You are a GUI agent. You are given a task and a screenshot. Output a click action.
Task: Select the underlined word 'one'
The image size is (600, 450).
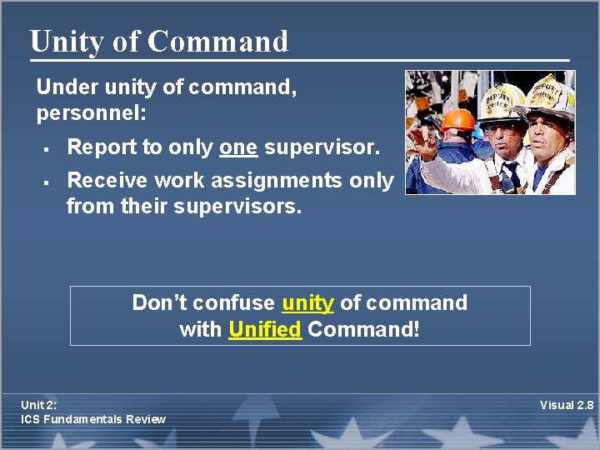(238, 147)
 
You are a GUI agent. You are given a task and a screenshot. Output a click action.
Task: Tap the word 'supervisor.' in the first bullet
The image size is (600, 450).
(322, 147)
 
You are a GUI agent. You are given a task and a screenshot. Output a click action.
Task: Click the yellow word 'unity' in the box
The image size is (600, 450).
(307, 302)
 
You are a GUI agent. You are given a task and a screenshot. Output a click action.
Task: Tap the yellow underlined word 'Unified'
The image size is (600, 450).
(264, 329)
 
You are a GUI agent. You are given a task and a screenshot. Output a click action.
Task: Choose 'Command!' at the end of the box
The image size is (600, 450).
(363, 329)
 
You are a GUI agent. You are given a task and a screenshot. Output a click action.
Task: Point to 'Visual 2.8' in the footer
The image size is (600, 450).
(567, 405)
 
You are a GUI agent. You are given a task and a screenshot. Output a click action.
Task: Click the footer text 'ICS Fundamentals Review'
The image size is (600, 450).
(93, 419)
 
